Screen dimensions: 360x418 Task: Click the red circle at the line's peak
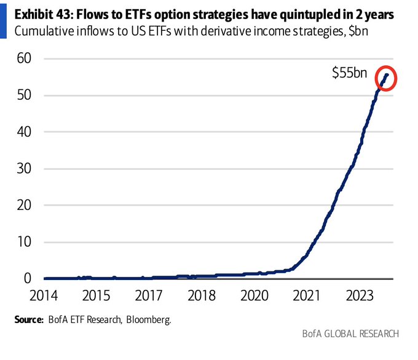click(x=386, y=78)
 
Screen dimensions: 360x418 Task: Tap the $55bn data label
click(x=350, y=73)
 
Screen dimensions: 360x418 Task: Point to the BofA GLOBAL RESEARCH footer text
click(x=350, y=334)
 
